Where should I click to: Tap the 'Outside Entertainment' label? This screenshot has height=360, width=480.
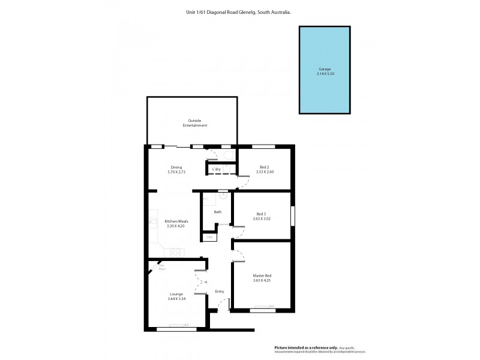point(195,123)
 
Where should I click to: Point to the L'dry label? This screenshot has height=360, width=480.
point(217,170)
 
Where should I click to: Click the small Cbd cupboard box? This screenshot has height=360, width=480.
point(209,238)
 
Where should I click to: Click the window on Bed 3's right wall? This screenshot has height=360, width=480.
point(292,216)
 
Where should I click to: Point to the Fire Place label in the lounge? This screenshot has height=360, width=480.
point(162,268)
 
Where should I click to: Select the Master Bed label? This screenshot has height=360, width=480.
point(262,275)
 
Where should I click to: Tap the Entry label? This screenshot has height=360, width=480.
point(220,292)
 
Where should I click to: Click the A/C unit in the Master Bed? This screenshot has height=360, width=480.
point(271,307)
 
